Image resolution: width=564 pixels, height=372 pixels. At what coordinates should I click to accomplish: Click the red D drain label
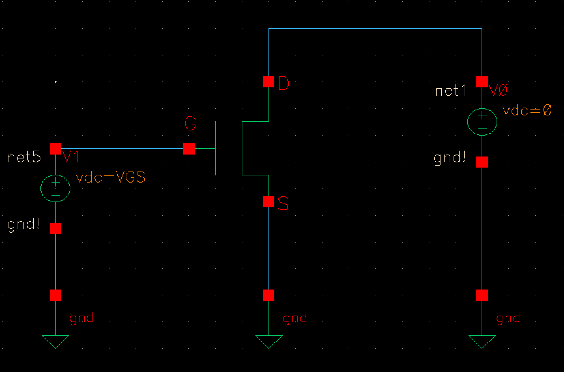283,84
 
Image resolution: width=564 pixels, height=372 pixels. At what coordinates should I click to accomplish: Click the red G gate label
190,124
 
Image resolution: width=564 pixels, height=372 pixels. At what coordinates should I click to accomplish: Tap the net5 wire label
24,158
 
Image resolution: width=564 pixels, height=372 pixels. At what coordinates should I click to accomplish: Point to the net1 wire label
451,90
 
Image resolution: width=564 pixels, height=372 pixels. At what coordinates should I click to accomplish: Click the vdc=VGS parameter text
110,178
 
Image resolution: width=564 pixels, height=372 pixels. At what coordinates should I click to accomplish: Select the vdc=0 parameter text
527,111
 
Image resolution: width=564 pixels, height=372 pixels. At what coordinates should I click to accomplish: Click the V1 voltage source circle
55,188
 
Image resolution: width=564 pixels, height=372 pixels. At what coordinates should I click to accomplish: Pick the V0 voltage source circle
482,122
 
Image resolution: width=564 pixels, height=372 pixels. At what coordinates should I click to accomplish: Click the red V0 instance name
498,91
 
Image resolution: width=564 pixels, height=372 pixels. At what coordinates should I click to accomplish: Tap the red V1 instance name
71,158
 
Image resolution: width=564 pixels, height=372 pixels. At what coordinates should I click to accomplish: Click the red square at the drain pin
269,82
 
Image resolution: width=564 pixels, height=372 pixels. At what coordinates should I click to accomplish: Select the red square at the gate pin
189,149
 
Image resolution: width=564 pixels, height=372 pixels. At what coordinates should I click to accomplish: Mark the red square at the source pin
269,202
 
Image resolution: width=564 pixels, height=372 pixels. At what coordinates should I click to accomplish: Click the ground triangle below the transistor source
269,341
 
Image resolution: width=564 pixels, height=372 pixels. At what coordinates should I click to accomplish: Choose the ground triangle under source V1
55,341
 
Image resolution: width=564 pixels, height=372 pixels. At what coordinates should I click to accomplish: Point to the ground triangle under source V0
482,341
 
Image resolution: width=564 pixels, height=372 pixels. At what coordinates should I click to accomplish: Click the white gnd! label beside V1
23,225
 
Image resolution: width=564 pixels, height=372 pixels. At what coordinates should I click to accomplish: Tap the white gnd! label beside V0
450,158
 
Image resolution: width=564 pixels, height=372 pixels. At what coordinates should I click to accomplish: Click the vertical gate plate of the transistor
215,148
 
